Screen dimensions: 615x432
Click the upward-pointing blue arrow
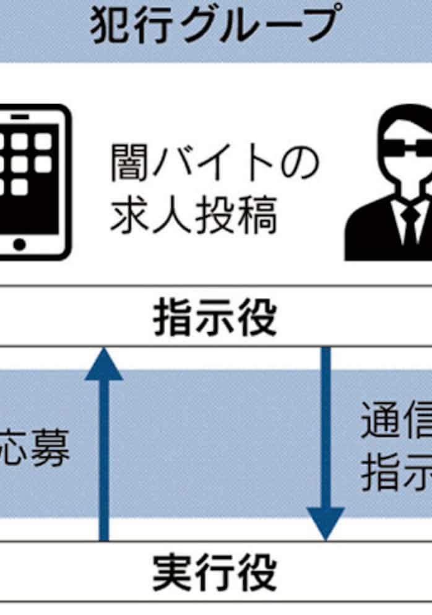[104, 446]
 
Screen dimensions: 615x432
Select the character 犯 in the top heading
[111, 25]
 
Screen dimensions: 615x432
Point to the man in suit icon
[396, 186]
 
